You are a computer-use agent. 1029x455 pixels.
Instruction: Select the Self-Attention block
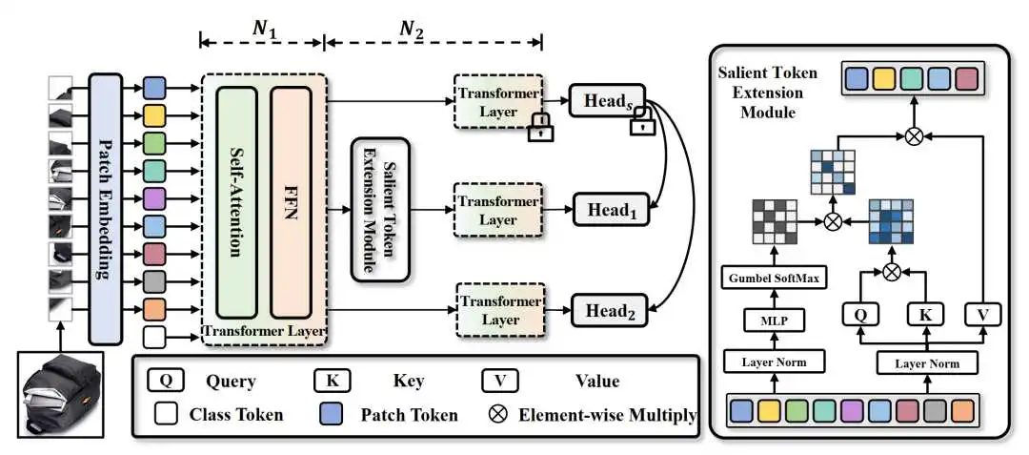pyautogui.click(x=236, y=202)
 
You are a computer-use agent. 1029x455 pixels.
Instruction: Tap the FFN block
pyautogui.click(x=292, y=202)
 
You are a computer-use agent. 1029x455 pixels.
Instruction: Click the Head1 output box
pyautogui.click(x=610, y=210)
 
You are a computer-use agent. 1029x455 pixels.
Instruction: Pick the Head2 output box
pyautogui.click(x=610, y=309)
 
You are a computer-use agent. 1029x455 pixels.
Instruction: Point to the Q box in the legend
pyautogui.click(x=164, y=381)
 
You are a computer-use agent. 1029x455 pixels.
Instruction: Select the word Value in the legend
pyautogui.click(x=596, y=382)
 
